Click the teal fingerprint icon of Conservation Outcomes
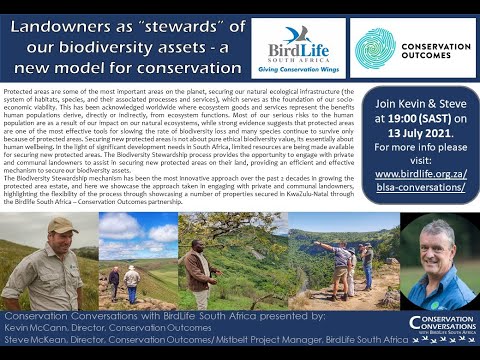[x=375, y=47]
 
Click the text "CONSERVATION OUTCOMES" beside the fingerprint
[x=432, y=47]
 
